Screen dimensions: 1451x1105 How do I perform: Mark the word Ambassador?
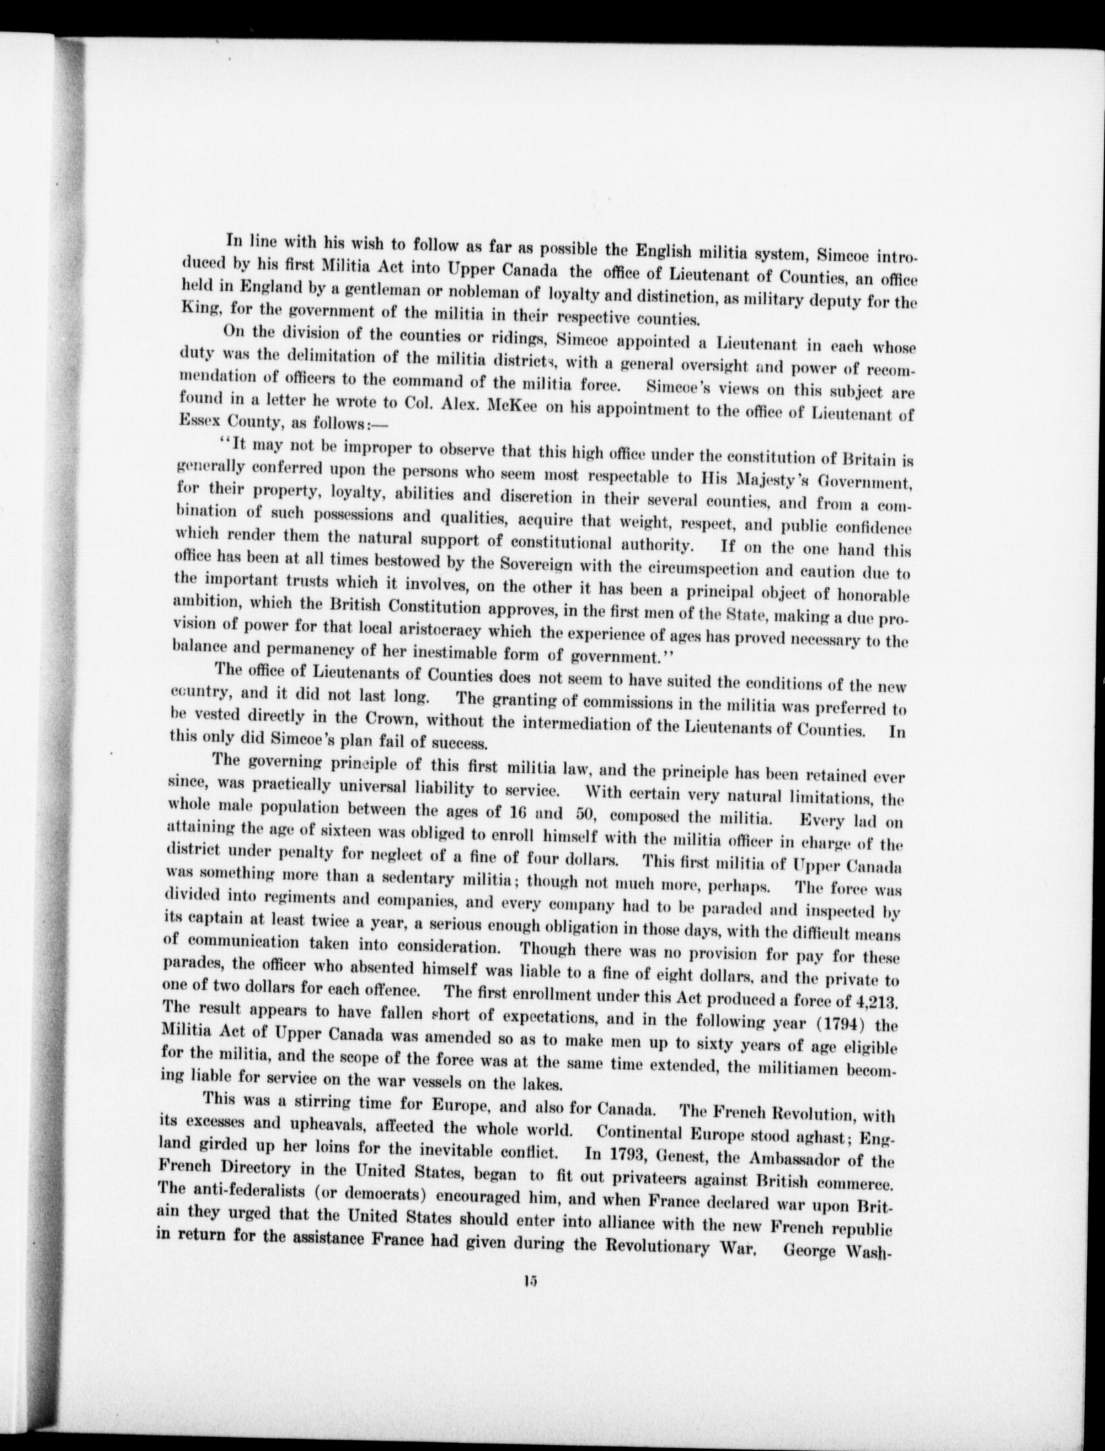point(797,1160)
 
